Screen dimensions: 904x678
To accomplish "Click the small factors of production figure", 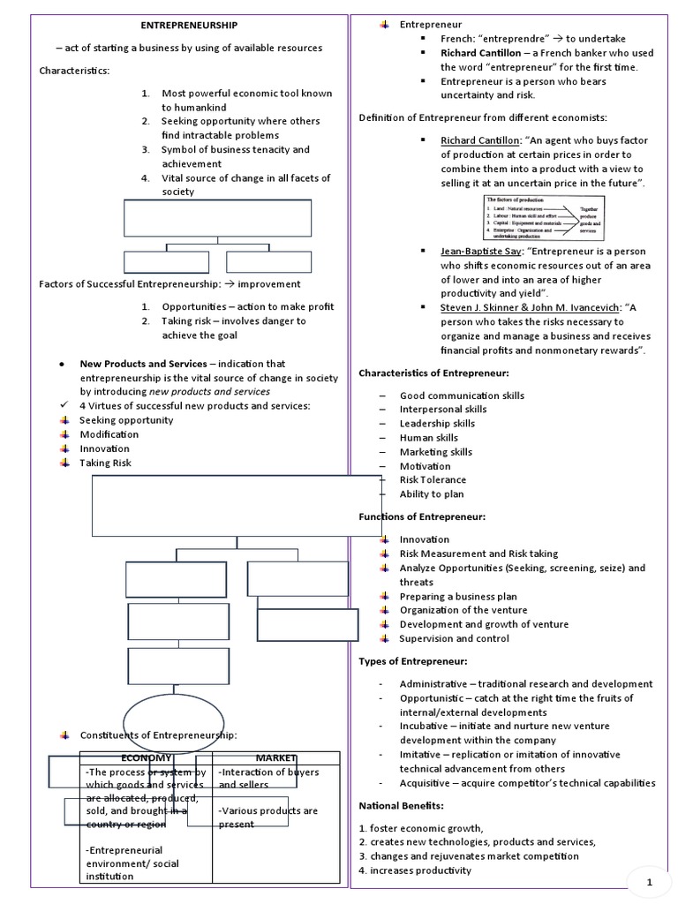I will click(545, 218).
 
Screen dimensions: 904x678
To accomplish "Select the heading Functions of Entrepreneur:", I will click(422, 516).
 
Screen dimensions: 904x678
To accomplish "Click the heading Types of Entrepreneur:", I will click(413, 660).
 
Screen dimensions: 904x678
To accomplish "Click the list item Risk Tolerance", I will click(433, 479).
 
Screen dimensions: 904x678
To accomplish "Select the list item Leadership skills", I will click(437, 424).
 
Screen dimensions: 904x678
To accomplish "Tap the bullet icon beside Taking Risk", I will click(64, 463).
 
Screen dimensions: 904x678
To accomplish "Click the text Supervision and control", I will click(454, 638).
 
